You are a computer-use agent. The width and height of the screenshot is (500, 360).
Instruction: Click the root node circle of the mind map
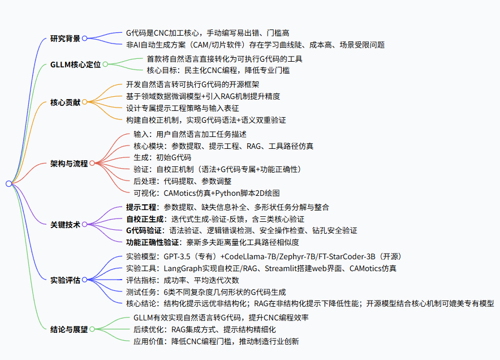[x=8, y=183]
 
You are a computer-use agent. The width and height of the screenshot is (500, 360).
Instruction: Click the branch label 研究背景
[x=65, y=38]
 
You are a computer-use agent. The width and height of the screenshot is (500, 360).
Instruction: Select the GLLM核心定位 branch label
[x=75, y=65]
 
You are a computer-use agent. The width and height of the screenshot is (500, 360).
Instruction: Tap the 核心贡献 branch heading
[x=65, y=102]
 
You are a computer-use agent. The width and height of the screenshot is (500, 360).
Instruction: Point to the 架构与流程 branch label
[x=69, y=164]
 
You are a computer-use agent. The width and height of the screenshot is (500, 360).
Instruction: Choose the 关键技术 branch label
[x=65, y=224]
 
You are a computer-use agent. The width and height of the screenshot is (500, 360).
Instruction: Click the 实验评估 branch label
[x=65, y=280]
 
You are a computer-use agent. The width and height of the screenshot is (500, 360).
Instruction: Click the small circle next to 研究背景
[x=84, y=38]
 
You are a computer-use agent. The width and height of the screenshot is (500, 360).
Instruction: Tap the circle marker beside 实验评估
[x=84, y=280]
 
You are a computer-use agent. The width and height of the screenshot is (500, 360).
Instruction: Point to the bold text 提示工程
[x=141, y=207]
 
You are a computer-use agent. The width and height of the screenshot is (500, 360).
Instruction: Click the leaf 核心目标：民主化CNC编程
[x=218, y=70]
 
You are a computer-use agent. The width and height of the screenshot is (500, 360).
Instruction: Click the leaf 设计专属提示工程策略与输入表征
[x=183, y=108]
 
